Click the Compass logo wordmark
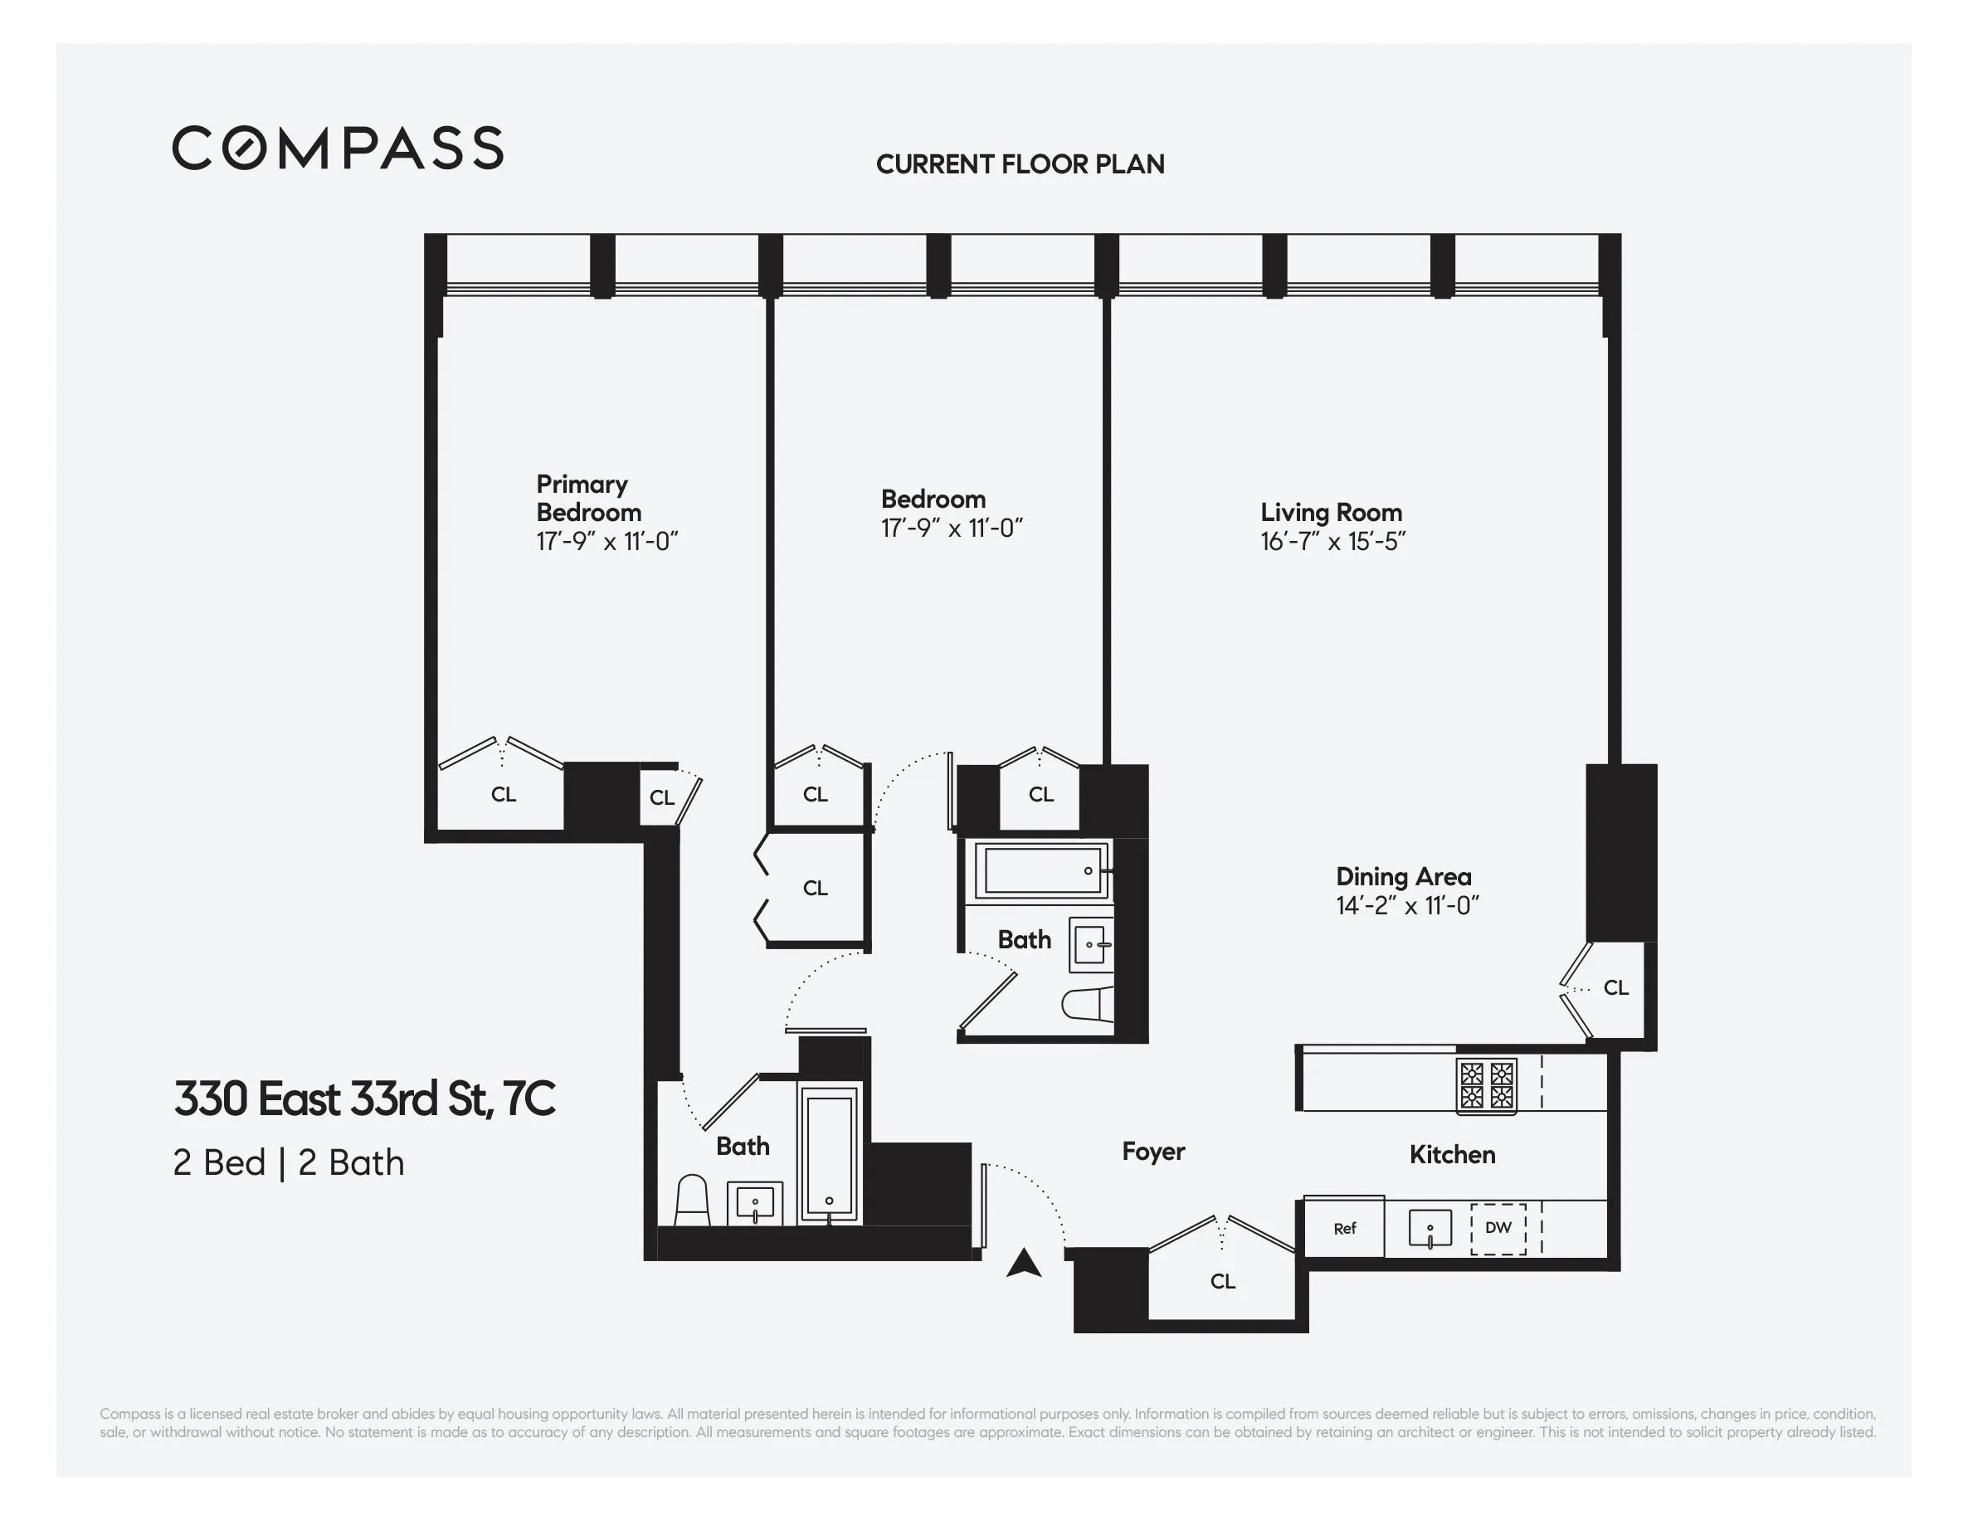pyautogui.click(x=338, y=148)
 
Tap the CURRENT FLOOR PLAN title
pyautogui.click(x=1020, y=164)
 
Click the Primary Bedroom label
pyautogui.click(x=588, y=499)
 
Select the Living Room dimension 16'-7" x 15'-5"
pyautogui.click(x=1332, y=542)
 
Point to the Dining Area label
pyautogui.click(x=1403, y=877)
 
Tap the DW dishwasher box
pyautogui.click(x=1498, y=1228)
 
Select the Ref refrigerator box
pyautogui.click(x=1344, y=1229)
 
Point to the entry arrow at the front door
pyautogui.click(x=1024, y=1264)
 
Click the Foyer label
pyautogui.click(x=1153, y=1152)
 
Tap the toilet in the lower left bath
pyautogui.click(x=692, y=1201)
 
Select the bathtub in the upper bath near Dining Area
pyautogui.click(x=1043, y=870)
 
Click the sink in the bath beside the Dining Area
pyautogui.click(x=1090, y=945)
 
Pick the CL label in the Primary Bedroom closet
pyautogui.click(x=503, y=795)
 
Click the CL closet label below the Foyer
pyautogui.click(x=1223, y=1281)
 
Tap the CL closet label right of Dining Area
pyautogui.click(x=1615, y=988)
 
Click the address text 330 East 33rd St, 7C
pyautogui.click(x=364, y=1099)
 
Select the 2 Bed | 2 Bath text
pyautogui.click(x=289, y=1163)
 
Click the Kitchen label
pyautogui.click(x=1452, y=1155)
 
